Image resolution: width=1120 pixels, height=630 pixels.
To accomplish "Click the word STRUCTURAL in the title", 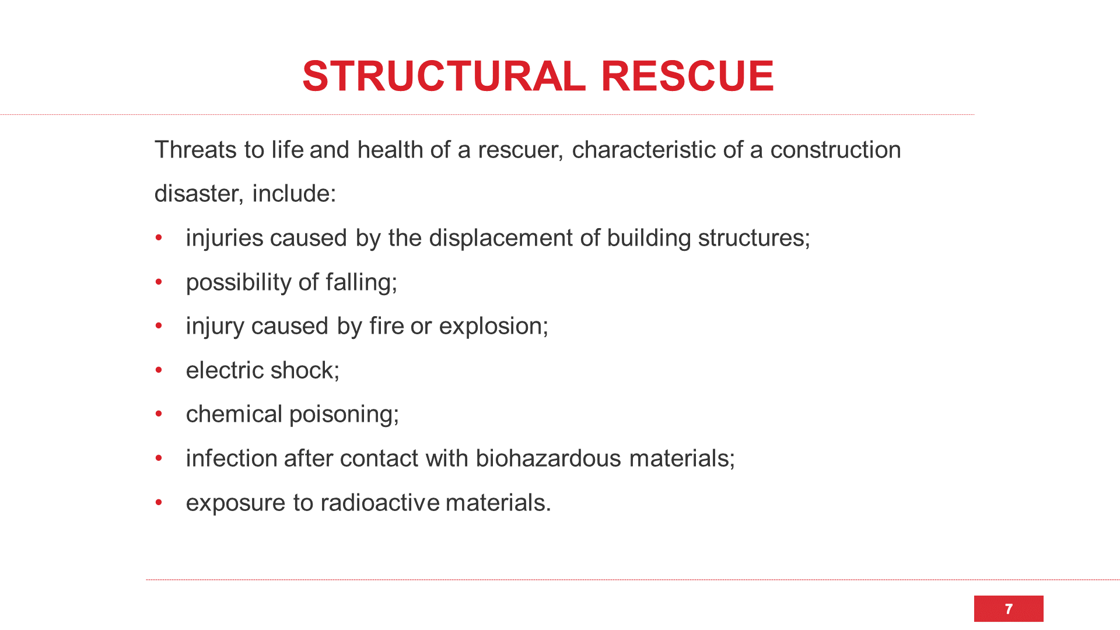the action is (444, 76).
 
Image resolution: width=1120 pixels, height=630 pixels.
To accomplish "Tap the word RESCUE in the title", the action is (688, 76).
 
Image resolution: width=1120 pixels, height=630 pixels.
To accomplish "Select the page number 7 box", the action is (1009, 608).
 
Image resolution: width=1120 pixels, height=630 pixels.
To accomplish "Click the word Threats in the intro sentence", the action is (195, 150).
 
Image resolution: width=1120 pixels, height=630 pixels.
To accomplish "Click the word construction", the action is (836, 150).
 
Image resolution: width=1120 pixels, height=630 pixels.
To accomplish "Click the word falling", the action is (362, 283).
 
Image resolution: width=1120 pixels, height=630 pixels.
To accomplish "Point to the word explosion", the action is (494, 327).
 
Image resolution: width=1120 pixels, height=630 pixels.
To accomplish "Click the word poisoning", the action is (344, 415).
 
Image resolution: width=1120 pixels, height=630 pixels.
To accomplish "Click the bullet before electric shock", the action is (159, 370).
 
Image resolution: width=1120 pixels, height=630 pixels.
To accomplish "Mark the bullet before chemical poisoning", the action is (159, 414).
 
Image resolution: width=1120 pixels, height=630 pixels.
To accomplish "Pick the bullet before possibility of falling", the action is (159, 282).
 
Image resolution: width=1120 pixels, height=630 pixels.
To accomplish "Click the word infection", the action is (232, 459).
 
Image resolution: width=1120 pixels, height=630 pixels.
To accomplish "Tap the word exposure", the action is (236, 503).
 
